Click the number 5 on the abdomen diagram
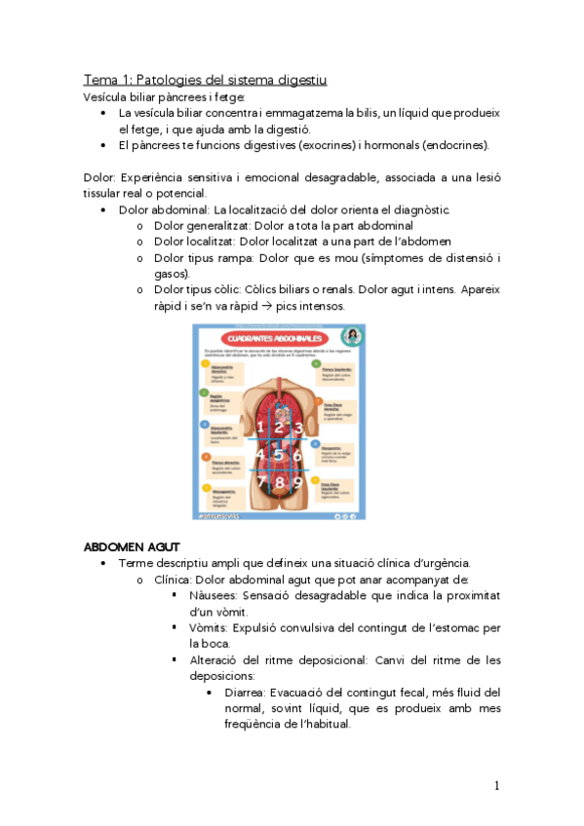[x=279, y=453]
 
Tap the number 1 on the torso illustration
[x=259, y=427]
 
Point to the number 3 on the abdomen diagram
[x=298, y=427]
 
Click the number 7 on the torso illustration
[x=260, y=481]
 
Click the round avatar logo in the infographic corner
[x=356, y=334]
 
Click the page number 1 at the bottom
[x=496, y=785]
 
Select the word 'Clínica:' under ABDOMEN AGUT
[x=175, y=579]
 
